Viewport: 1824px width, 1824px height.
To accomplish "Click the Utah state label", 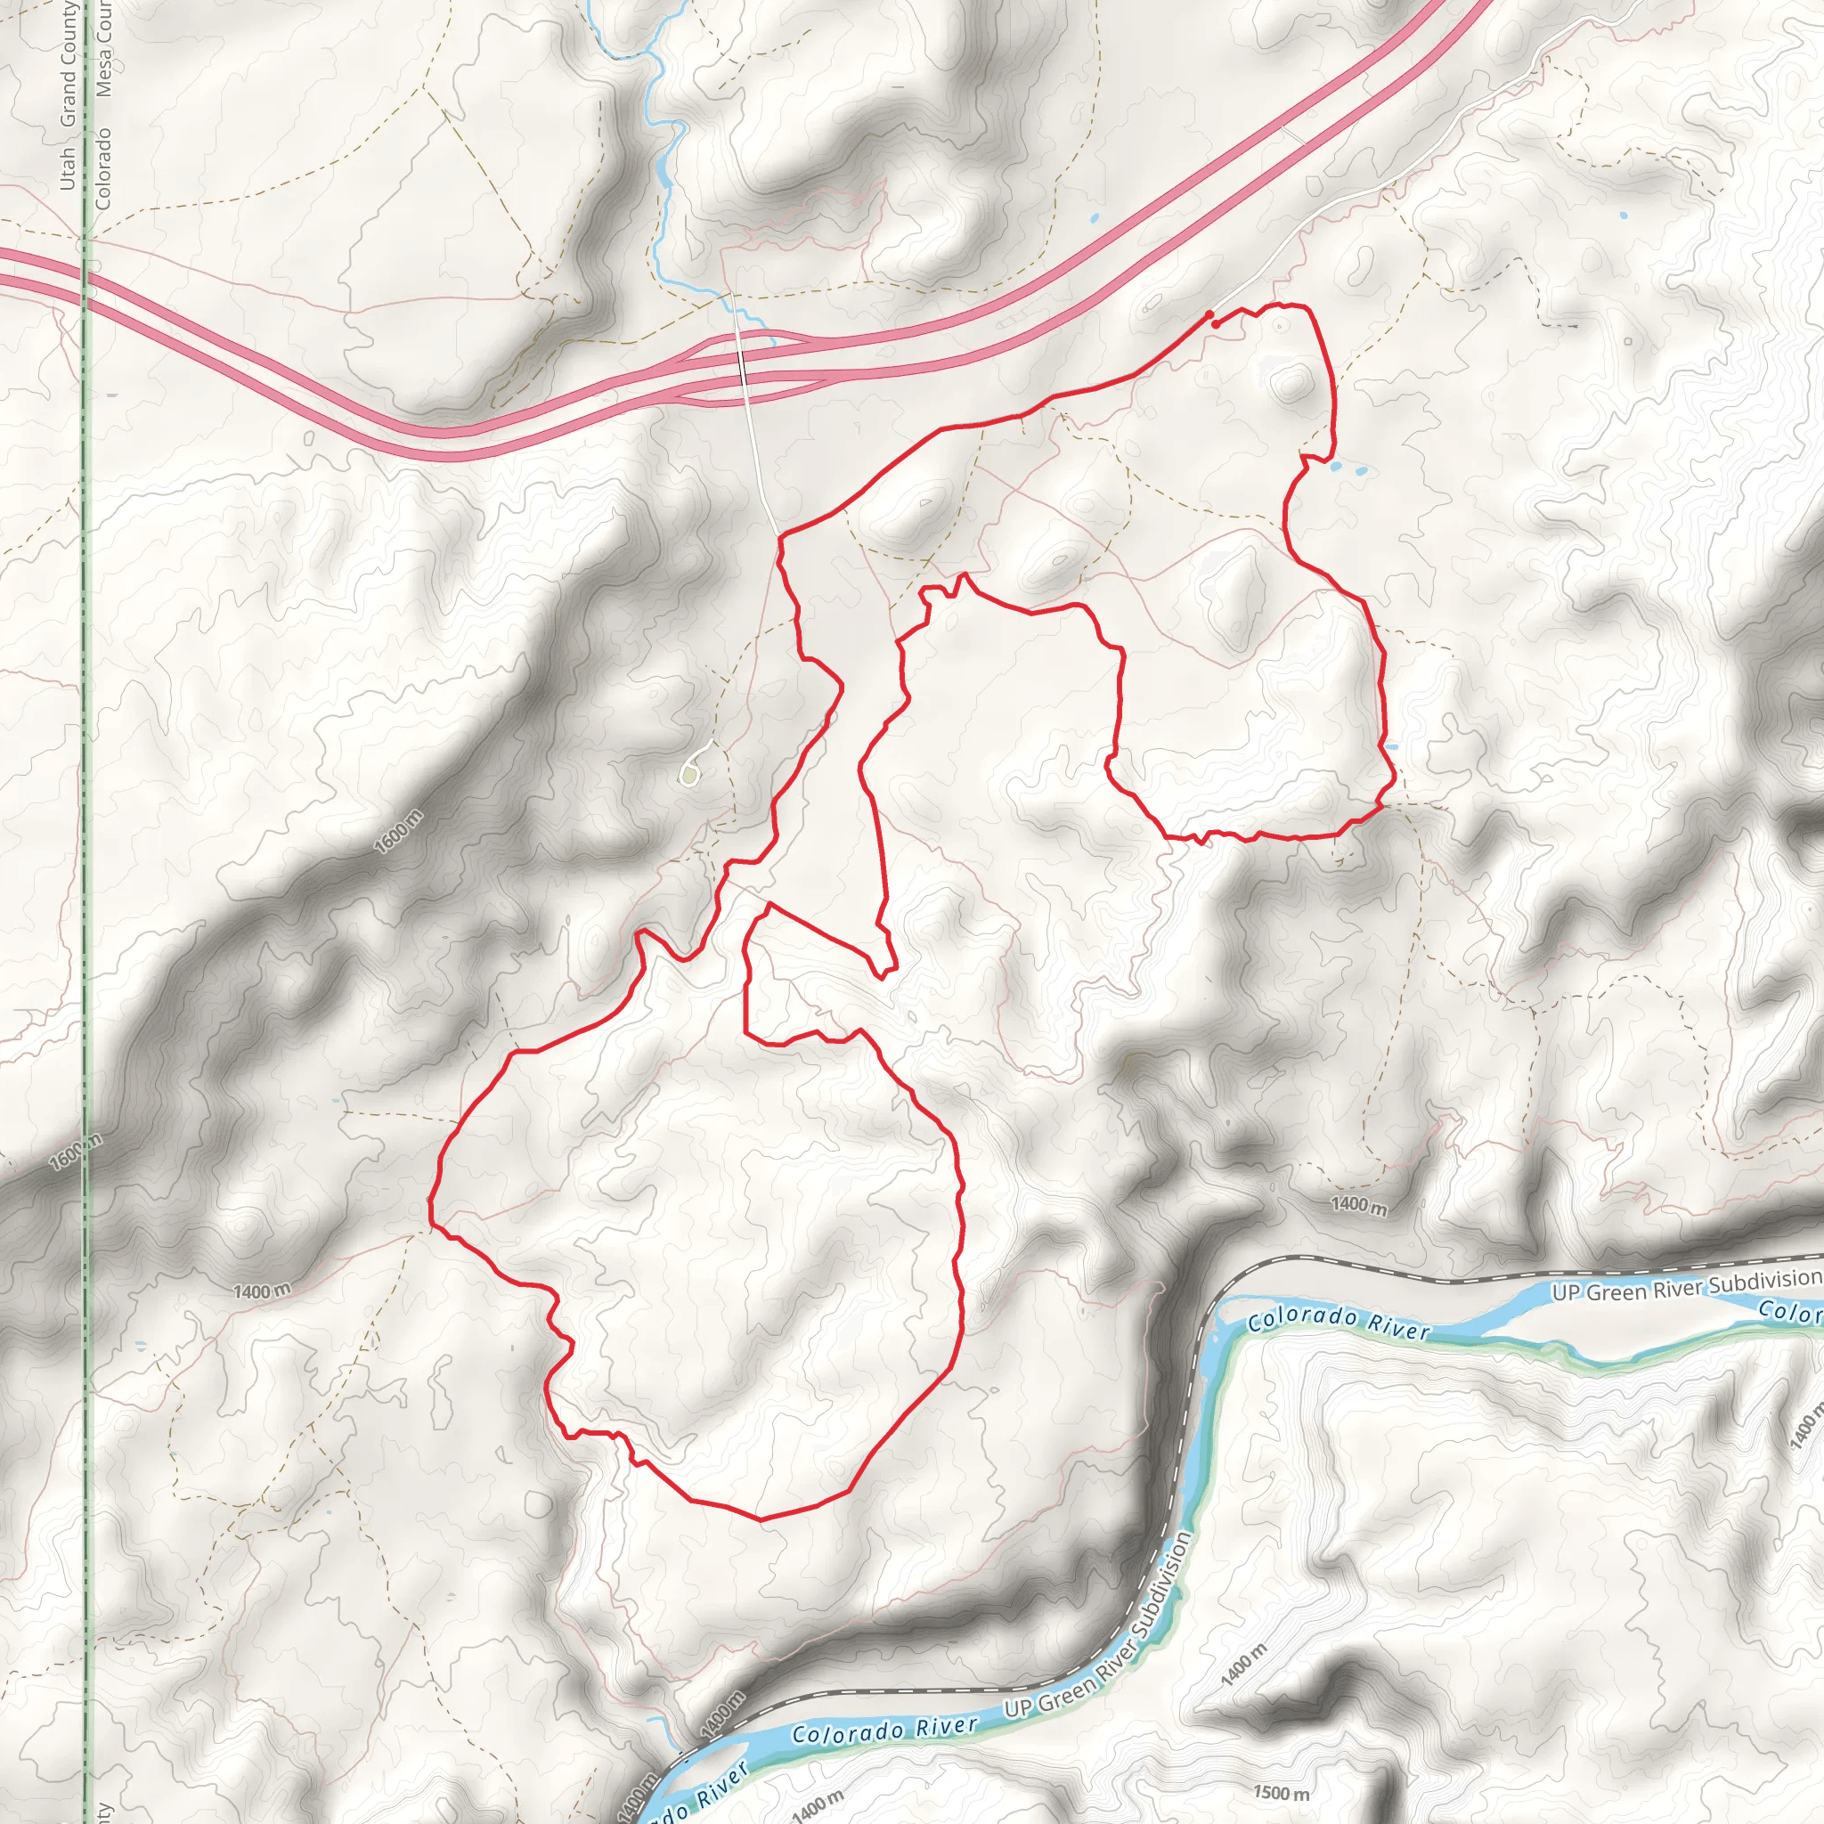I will [67, 168].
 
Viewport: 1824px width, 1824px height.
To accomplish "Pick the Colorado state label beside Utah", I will [103, 168].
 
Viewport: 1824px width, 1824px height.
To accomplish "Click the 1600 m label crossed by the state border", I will [77, 1152].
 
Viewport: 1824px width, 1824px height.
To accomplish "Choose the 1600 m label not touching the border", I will [398, 833].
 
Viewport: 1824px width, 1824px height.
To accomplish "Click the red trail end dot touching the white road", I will [1209, 314].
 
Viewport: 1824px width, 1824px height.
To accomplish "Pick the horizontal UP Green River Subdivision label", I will [1686, 1285].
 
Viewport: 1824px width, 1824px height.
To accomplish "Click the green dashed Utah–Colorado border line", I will [85, 755].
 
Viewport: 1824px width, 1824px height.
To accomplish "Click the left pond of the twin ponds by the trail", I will [1334, 467].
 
